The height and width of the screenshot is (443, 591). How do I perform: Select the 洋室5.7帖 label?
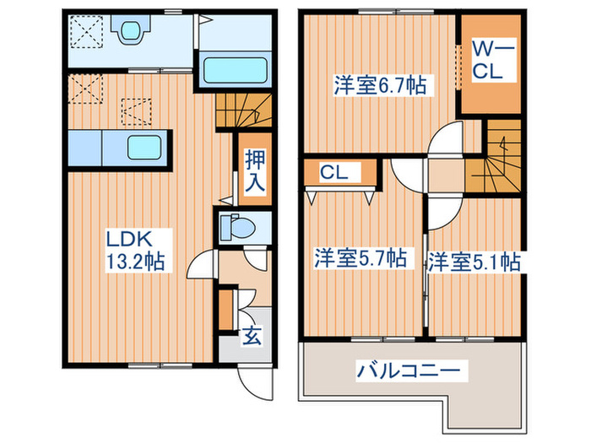point(359,258)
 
